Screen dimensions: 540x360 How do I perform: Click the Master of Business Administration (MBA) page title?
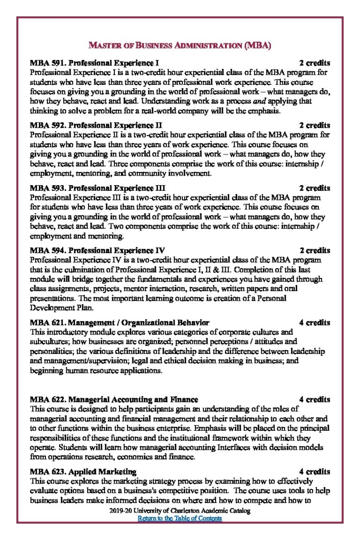pyautogui.click(x=179, y=46)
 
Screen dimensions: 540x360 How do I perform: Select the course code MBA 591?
pyautogui.click(x=47, y=63)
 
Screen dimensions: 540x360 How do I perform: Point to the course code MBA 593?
pyautogui.click(x=47, y=188)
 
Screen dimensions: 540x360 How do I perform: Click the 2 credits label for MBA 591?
pyautogui.click(x=315, y=63)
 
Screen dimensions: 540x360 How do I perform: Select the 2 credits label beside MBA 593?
pyautogui.click(x=315, y=188)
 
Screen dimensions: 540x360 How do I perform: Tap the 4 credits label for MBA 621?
pyautogui.click(x=315, y=322)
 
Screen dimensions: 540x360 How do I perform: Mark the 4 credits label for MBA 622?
pyautogui.click(x=315, y=399)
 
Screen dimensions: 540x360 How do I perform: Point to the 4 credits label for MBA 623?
pyautogui.click(x=315, y=471)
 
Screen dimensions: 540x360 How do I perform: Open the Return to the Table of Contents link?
pyautogui.click(x=180, y=518)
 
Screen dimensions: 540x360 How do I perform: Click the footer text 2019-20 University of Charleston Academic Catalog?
pyautogui.click(x=180, y=511)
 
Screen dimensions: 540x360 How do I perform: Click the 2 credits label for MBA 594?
pyautogui.click(x=315, y=250)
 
